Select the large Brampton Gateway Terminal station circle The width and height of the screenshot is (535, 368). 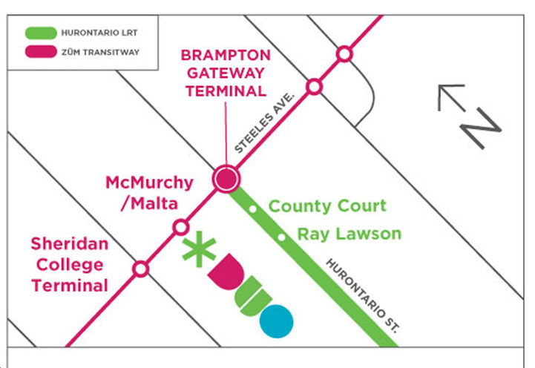[226, 178]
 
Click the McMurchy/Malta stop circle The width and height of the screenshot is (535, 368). [180, 227]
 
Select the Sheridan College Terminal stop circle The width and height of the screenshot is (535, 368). [140, 268]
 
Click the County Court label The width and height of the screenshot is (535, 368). [327, 206]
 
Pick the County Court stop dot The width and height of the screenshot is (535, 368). [253, 209]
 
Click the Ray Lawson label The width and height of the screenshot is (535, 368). [349, 234]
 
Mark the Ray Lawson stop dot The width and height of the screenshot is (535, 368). [281, 237]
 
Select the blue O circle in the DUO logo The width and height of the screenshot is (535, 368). [276, 320]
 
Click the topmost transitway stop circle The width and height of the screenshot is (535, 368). [344, 53]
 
